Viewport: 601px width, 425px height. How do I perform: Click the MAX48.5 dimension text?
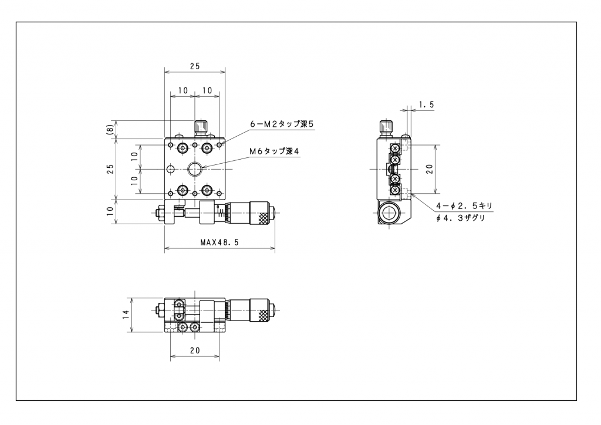coord(220,242)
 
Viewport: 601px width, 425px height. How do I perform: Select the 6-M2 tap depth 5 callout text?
coord(282,124)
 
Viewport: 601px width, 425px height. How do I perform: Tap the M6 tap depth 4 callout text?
coord(274,151)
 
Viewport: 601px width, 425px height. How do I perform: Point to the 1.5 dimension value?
coord(426,104)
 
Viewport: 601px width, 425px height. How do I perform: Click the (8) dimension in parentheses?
coord(110,129)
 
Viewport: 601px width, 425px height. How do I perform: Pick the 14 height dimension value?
coord(126,315)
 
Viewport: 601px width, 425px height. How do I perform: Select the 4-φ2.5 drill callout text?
coord(464,206)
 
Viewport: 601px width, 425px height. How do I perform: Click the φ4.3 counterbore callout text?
coord(460,218)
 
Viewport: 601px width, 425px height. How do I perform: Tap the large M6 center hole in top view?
coord(195,168)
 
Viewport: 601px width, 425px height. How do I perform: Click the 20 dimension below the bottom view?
coord(195,350)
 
